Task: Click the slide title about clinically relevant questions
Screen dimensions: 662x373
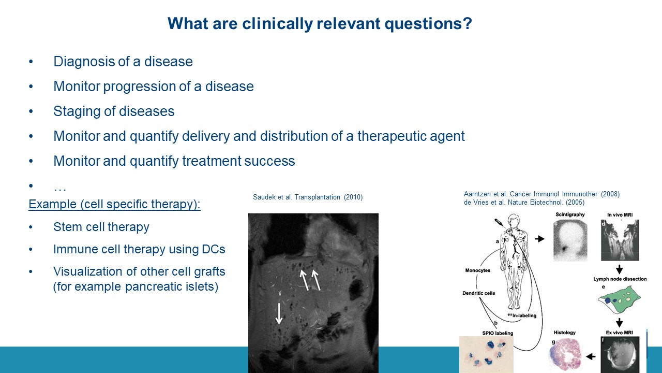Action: point(320,23)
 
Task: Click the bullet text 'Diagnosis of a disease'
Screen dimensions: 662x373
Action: point(123,62)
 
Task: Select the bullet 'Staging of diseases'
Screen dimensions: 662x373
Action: point(114,111)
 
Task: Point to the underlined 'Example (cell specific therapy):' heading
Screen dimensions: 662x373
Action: point(114,204)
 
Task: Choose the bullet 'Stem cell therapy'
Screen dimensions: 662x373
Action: point(101,227)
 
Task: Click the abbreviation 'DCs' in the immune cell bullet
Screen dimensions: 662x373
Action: point(214,249)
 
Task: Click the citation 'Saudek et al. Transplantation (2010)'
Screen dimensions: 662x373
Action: point(308,197)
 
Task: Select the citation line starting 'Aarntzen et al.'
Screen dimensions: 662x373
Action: point(541,194)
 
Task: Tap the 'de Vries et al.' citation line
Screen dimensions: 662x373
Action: point(524,203)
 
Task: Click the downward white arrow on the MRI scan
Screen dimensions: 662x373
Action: point(279,313)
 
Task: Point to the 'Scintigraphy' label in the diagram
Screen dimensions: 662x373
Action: point(570,214)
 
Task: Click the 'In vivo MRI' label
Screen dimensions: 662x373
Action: point(620,215)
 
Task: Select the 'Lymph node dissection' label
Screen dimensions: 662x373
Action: point(620,279)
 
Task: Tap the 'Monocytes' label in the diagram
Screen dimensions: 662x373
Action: point(477,270)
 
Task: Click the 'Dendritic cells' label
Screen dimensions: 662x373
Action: point(478,293)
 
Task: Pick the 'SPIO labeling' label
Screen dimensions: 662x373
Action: point(498,333)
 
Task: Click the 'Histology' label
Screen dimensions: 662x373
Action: point(564,333)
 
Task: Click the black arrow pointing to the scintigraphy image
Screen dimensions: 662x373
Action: point(539,239)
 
